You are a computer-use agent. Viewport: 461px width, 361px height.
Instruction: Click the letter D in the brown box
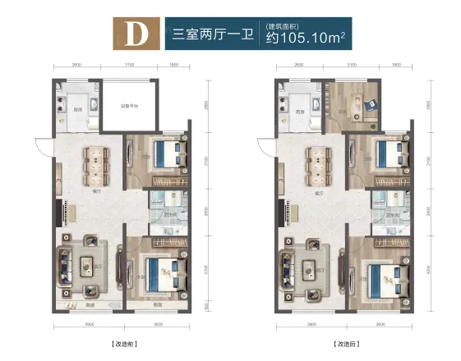pos(133,36)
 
